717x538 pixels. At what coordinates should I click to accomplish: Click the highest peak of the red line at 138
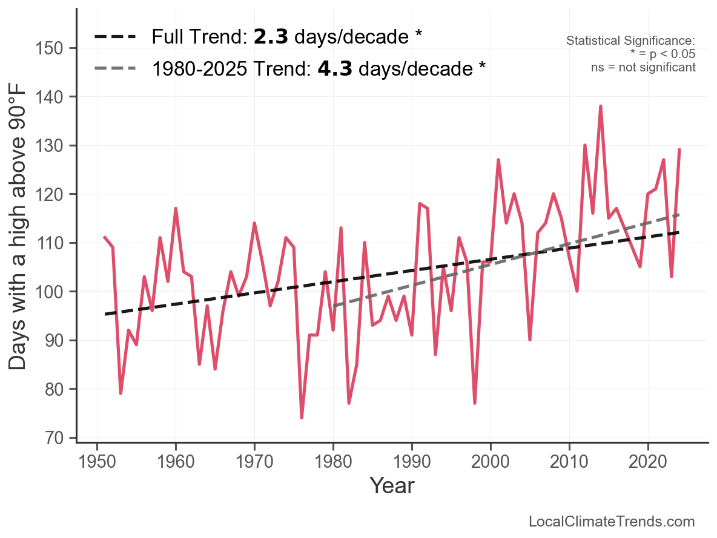click(x=601, y=107)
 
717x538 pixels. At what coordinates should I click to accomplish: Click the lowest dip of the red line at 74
click(x=302, y=418)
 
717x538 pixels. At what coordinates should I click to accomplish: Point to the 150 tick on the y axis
click(x=73, y=48)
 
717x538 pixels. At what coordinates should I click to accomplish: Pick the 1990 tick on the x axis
click(x=412, y=445)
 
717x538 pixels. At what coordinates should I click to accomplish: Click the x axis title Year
click(x=392, y=485)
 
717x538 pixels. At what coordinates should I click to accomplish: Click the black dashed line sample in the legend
click(x=114, y=38)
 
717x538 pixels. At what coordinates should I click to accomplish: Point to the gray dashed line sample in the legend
click(x=114, y=68)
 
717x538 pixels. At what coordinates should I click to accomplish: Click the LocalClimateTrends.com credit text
click(x=612, y=522)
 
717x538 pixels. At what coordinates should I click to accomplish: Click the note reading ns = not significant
click(x=643, y=67)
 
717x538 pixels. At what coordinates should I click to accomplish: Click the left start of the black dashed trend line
click(x=105, y=314)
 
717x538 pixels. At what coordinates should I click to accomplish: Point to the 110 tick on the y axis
click(x=73, y=243)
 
